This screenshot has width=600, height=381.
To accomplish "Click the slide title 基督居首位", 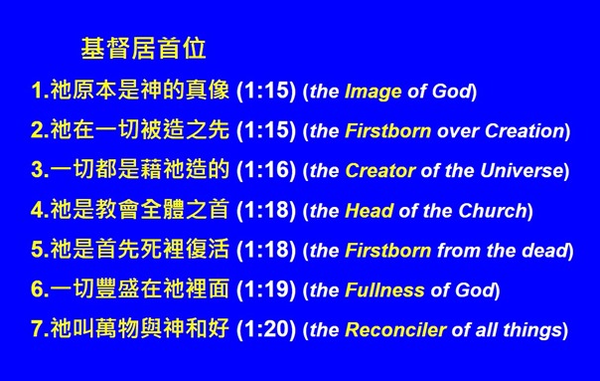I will click(x=144, y=47).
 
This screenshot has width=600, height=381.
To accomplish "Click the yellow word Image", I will click(x=373, y=93).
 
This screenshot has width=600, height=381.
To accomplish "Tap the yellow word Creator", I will click(x=380, y=171).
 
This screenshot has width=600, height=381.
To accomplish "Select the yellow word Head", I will click(x=369, y=211).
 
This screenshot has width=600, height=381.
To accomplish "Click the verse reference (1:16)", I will click(x=266, y=171).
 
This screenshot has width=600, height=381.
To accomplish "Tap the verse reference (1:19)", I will click(x=266, y=290).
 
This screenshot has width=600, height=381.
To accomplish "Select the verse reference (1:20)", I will click(x=266, y=330).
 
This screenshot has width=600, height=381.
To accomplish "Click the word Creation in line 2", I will click(x=530, y=131).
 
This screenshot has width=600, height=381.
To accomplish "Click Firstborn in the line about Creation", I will click(x=388, y=131).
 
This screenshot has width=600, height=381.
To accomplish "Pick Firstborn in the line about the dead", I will click(x=388, y=251).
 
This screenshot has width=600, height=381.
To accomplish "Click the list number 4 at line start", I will click(x=38, y=211).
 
